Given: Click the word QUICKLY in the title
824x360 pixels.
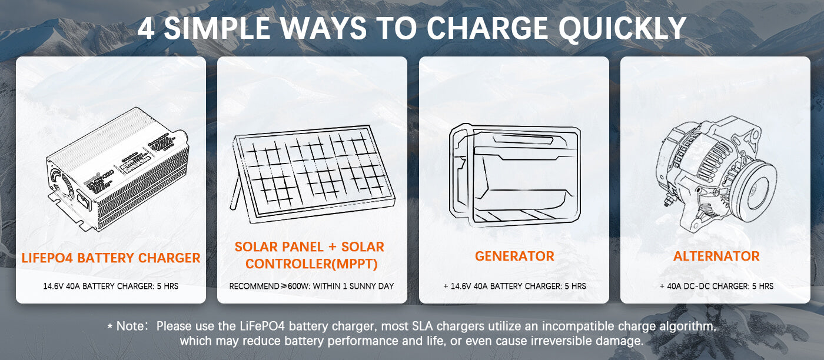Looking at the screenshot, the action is [x=622, y=28].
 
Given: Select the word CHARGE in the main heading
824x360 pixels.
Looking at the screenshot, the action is [x=487, y=28].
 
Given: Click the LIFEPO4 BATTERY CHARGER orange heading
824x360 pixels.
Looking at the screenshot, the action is [x=111, y=258].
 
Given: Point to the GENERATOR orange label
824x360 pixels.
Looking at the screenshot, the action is [x=514, y=256].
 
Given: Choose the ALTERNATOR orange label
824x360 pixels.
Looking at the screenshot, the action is [x=716, y=256].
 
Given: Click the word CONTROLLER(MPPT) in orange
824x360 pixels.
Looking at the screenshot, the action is [x=311, y=264].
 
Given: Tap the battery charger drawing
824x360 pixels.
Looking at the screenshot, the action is [x=118, y=169].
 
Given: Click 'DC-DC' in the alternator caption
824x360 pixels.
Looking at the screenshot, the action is [x=695, y=286].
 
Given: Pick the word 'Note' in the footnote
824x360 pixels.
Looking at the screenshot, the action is [x=130, y=326].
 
